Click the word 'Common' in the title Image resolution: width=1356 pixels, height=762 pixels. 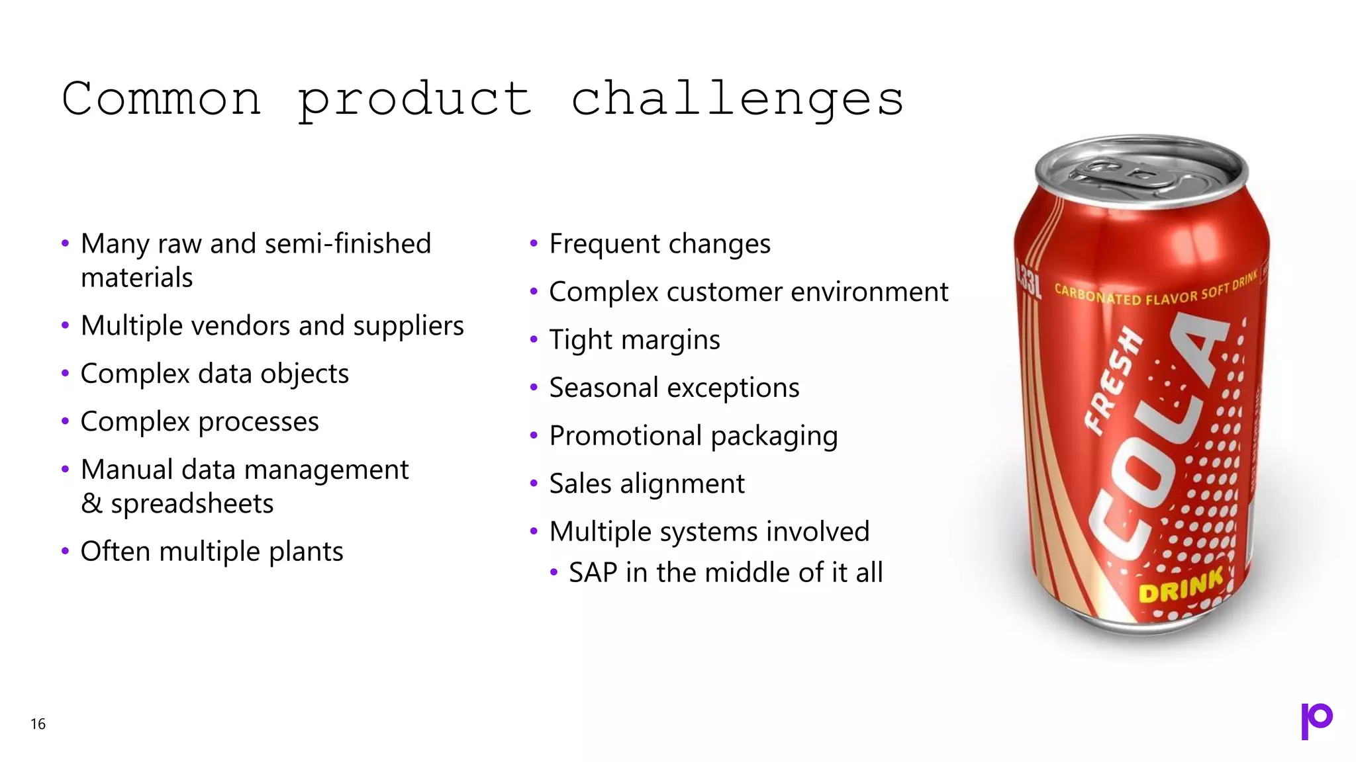click(x=162, y=99)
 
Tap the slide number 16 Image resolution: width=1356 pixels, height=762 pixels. click(x=38, y=724)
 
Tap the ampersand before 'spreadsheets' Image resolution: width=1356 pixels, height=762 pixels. click(x=91, y=504)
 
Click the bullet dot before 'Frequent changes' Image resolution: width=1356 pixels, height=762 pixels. click(x=534, y=244)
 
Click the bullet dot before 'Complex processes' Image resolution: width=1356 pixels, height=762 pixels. click(x=65, y=421)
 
